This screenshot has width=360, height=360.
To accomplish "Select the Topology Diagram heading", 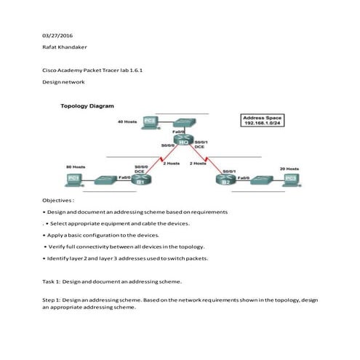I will pyautogui.click(x=87, y=106).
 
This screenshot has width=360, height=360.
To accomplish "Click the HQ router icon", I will pyautogui.click(x=180, y=140).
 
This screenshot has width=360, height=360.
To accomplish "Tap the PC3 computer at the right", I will pyautogui.click(x=290, y=178).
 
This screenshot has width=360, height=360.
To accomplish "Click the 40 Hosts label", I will pyautogui.click(x=127, y=121).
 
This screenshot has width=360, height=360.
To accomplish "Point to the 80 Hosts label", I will pyautogui.click(x=75, y=167).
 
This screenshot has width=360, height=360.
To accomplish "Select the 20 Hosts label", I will pyautogui.click(x=289, y=168).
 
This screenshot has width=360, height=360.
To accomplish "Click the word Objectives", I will pyautogui.click(x=57, y=199).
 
